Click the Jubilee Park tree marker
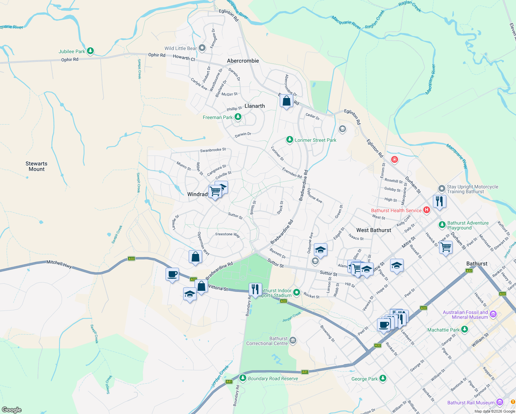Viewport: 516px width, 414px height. [x=90, y=51]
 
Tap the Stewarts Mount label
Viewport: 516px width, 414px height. [x=37, y=166]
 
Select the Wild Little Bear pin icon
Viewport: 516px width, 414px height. [x=202, y=48]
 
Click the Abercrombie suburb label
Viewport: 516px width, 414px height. [x=243, y=61]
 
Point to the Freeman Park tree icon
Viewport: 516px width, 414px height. [x=238, y=117]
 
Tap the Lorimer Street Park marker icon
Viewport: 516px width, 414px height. [x=290, y=140]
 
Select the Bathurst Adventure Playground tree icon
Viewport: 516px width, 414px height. [x=442, y=225]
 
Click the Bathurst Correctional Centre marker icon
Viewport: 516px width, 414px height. [x=293, y=341]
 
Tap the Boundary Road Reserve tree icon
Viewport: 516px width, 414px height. [x=243, y=378]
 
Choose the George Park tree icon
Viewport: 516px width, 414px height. [x=383, y=378]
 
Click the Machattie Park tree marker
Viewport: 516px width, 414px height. [x=465, y=329]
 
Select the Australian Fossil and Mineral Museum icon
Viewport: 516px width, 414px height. [x=493, y=314]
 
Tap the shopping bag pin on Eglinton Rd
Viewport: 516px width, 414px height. [x=286, y=101]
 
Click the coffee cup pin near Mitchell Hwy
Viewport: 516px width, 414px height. [x=172, y=275]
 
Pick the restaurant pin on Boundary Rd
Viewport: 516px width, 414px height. [x=255, y=289]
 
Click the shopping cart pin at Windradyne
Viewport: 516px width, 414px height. [x=215, y=191]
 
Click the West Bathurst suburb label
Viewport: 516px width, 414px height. [x=374, y=230]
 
